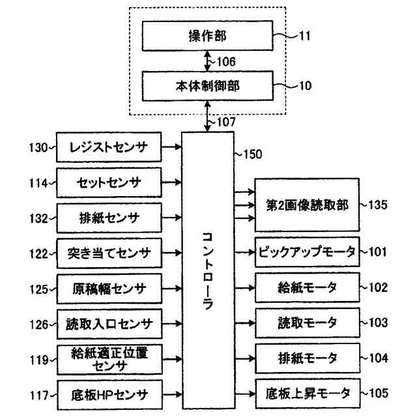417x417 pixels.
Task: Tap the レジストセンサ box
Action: (x=109, y=148)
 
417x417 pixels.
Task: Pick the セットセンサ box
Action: (x=109, y=182)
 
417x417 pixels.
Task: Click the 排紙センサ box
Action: (x=109, y=216)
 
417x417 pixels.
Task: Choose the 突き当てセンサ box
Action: (x=109, y=252)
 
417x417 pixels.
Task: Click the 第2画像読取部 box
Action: (x=306, y=205)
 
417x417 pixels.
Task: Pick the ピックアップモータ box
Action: (x=306, y=252)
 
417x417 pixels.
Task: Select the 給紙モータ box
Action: (x=306, y=286)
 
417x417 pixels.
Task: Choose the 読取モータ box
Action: (x=306, y=321)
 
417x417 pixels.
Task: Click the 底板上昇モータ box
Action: (x=306, y=393)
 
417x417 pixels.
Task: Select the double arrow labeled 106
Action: (x=207, y=61)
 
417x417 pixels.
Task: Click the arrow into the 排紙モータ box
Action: (x=245, y=357)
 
